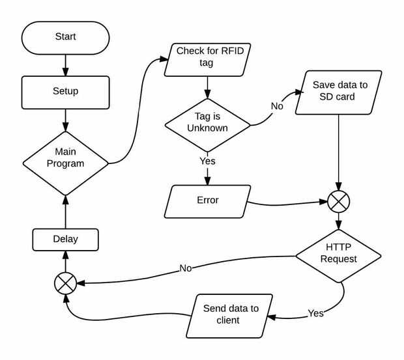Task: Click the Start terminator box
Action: pos(65,37)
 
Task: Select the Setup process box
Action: pos(65,92)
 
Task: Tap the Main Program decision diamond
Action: pos(65,158)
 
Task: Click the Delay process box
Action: pos(65,239)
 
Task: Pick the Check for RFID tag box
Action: pos(207,59)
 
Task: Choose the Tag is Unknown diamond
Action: pos(207,122)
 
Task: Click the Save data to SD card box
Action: pos(339,92)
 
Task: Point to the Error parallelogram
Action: pos(208,201)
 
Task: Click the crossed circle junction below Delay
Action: pos(65,283)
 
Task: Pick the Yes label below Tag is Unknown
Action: pos(207,161)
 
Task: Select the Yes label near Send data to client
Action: pos(315,313)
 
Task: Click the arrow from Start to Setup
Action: pos(65,64)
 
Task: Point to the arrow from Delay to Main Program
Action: pos(65,212)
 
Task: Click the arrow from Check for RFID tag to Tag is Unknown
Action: pos(207,86)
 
